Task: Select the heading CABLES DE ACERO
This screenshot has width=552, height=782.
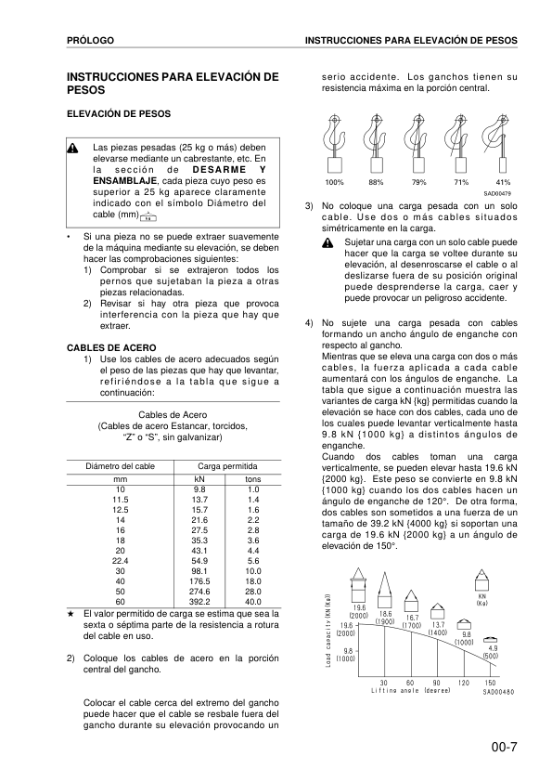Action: click(x=105, y=346)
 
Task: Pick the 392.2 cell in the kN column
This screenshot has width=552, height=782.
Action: click(x=199, y=601)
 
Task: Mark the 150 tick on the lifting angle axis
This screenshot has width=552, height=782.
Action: click(x=490, y=682)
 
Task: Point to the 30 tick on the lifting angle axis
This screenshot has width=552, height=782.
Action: click(x=384, y=682)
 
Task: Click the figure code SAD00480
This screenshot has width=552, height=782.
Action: click(x=498, y=692)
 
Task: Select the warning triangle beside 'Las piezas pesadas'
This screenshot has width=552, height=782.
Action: click(x=73, y=149)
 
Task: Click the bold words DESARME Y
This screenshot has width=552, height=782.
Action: click(x=232, y=170)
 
